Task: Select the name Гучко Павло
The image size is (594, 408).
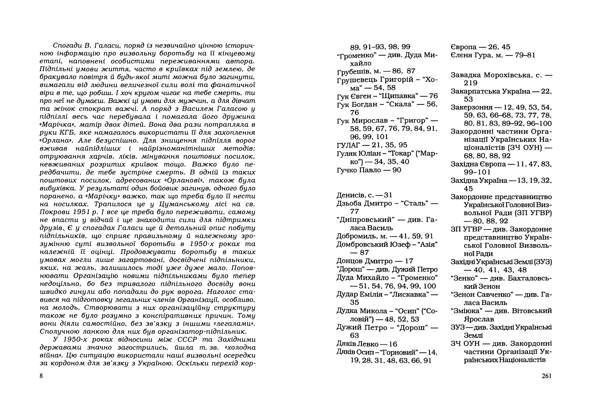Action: (359, 170)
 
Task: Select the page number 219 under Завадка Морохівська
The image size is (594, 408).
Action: (470, 83)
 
